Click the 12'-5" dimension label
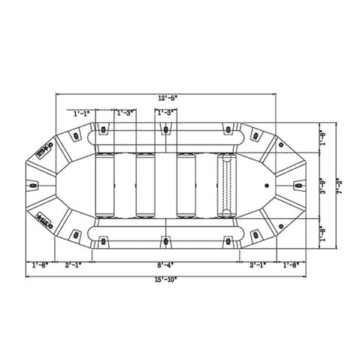coord(167,98)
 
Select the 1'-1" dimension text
coord(82,113)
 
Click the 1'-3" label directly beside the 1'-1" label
coord(125,113)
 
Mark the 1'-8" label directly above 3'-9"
coord(323,139)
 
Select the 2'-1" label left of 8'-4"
coord(74,265)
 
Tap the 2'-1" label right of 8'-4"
coord(257,265)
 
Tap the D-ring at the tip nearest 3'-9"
coord(296,183)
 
